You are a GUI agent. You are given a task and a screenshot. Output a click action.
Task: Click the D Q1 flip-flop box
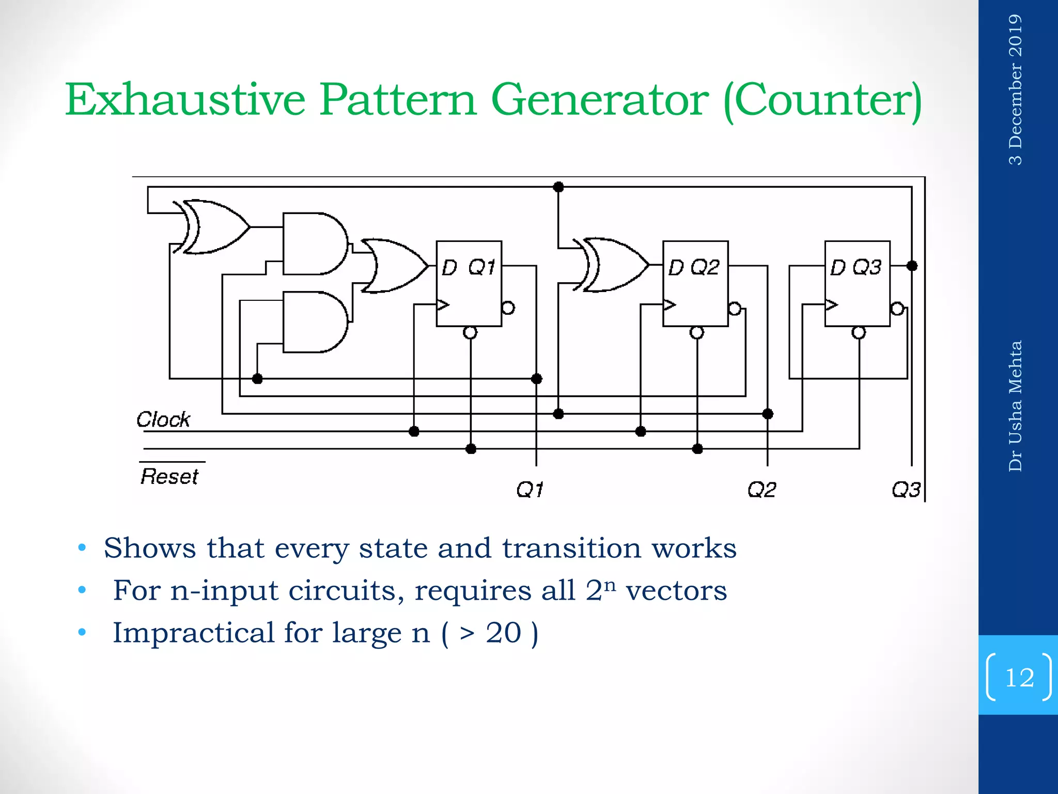coord(469,283)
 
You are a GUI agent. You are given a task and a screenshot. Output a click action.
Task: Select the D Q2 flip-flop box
coord(695,283)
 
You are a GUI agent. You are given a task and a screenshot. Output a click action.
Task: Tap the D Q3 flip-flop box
coord(857,283)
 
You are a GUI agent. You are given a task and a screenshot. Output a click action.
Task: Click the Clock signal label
coord(163,419)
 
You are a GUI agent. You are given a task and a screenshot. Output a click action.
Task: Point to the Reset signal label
coord(169,476)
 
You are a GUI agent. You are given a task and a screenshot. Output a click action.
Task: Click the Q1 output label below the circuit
coord(530,489)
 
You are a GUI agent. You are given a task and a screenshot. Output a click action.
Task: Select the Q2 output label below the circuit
coord(761,489)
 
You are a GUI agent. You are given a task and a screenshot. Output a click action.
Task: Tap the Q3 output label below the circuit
coord(906,489)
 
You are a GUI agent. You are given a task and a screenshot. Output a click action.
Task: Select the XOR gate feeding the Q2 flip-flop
coord(615,265)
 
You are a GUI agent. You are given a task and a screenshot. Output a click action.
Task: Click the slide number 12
coord(1019,677)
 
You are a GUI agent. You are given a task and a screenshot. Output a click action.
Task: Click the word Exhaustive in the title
coord(185,99)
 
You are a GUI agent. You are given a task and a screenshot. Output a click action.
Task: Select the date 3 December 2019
coord(1015,89)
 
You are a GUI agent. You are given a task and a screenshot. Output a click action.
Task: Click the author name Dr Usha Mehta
coord(1015,406)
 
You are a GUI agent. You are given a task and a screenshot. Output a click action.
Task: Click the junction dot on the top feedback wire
coord(558,187)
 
